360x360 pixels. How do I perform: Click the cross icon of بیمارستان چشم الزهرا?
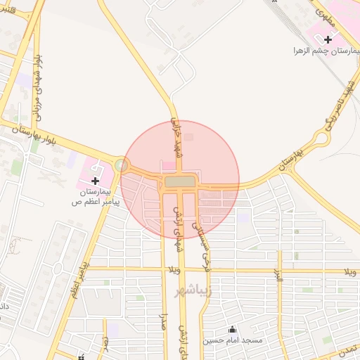328,39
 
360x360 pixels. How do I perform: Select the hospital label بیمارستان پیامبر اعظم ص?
96,196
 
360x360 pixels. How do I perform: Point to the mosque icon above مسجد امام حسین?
232,330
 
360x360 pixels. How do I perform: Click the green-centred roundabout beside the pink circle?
123,166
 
